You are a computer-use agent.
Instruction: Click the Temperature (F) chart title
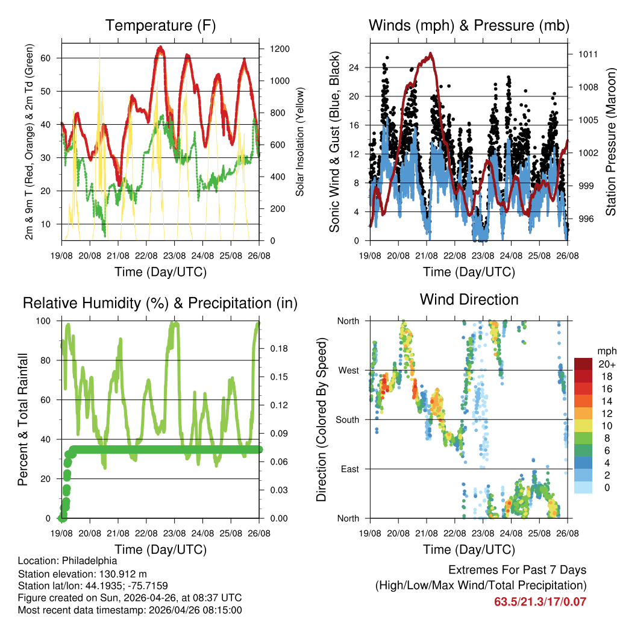click(x=160, y=25)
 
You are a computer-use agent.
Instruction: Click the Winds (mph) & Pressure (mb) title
click(x=469, y=25)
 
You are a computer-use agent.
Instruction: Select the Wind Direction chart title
click(x=469, y=299)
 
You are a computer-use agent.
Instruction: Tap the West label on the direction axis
click(x=348, y=370)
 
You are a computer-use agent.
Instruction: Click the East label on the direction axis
click(x=349, y=469)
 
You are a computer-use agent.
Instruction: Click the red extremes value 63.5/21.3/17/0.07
click(x=540, y=601)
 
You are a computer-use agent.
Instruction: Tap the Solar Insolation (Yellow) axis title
click(x=299, y=142)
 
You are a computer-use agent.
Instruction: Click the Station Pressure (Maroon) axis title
click(x=610, y=142)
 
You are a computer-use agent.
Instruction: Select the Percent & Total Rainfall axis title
click(x=22, y=419)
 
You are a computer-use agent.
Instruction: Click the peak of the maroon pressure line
click(x=430, y=54)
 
